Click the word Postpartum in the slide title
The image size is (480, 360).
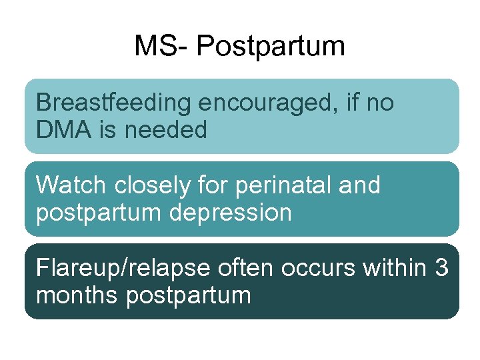271,47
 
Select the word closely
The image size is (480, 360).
147,185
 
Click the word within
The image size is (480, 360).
395,268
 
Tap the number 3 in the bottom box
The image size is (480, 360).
441,268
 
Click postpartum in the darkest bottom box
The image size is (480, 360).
188,295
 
